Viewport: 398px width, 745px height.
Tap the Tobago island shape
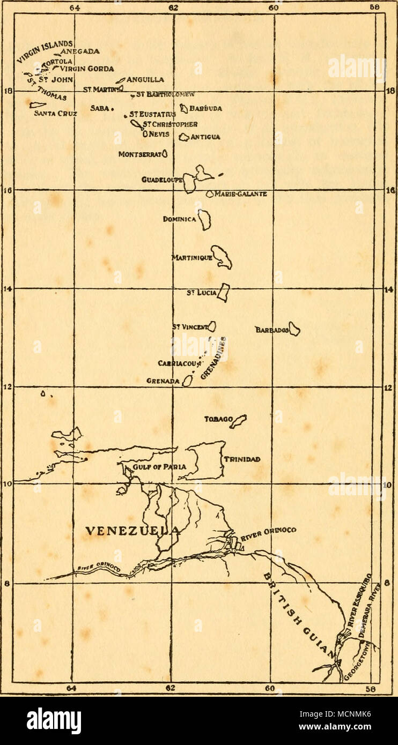(239, 421)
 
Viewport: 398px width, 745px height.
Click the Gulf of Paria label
(160, 466)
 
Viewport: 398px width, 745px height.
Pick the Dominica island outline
(205, 220)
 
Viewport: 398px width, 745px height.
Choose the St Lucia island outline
(223, 293)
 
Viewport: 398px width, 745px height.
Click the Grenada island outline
(187, 381)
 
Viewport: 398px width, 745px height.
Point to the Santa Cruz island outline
(36, 105)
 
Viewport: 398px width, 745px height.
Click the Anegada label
(80, 51)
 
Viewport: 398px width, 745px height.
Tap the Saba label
(99, 108)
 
